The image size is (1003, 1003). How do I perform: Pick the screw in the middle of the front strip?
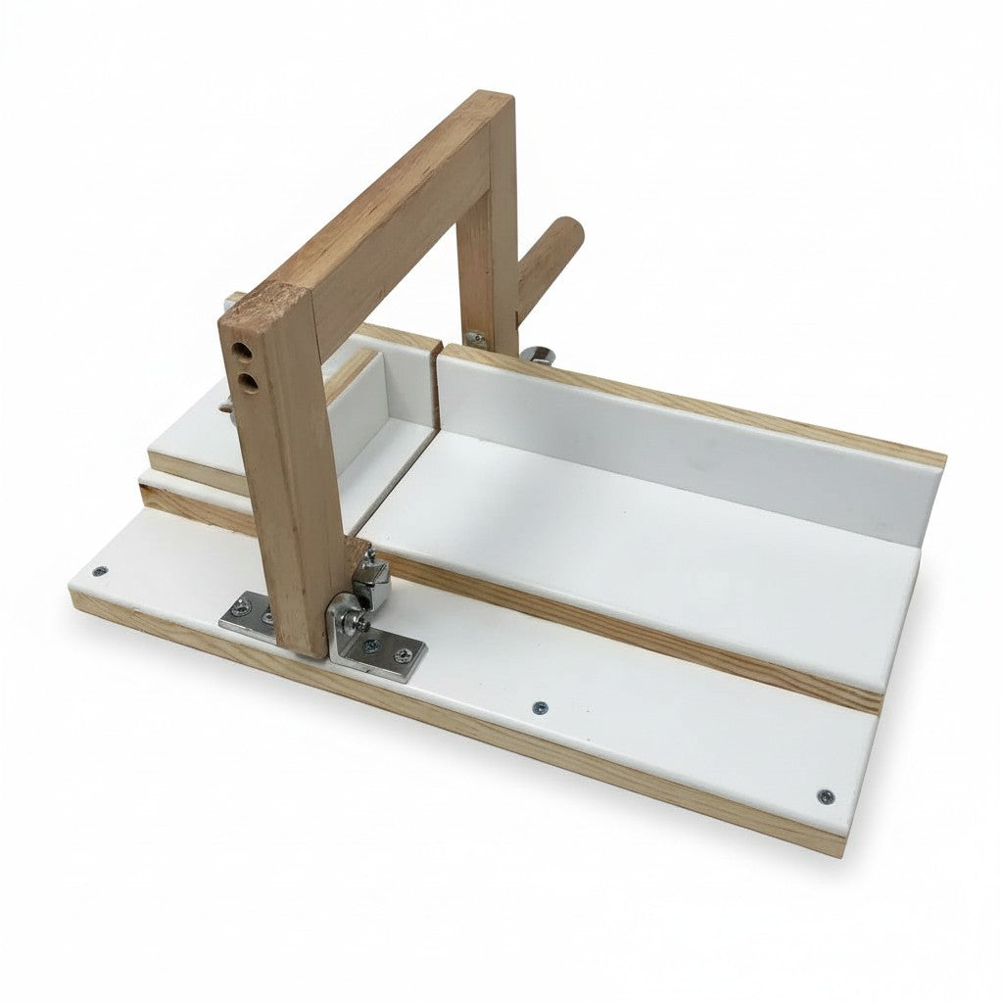coord(538,706)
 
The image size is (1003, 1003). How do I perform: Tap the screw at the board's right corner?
coord(825,795)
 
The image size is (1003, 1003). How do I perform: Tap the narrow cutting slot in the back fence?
coord(435,387)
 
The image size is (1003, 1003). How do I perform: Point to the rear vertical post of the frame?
coord(490,264)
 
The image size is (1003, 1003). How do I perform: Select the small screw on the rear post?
coord(476,339)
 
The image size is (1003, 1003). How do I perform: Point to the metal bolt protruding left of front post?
coord(225,403)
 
